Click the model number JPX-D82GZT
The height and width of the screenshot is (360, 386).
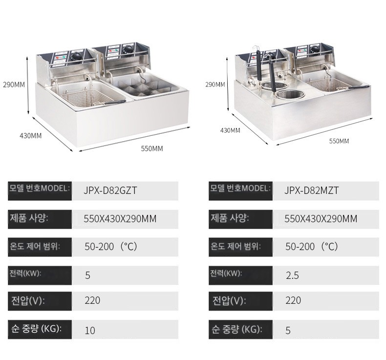point(110,191)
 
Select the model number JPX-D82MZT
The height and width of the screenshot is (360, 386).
point(311,191)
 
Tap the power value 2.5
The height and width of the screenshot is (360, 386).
point(293,275)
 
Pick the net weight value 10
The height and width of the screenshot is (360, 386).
point(90,330)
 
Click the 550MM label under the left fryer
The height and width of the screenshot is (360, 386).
point(152,148)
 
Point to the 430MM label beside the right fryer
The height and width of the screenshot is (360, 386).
point(230,130)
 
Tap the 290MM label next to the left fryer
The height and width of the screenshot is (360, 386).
point(14,85)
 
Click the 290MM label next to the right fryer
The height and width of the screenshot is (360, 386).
point(215,85)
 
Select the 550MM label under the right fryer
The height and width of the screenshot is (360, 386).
point(339,141)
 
